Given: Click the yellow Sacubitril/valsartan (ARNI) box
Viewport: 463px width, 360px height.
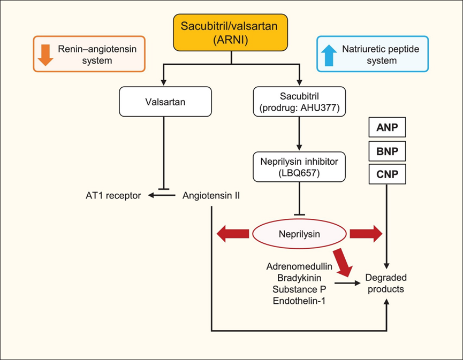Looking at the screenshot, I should click(231, 33).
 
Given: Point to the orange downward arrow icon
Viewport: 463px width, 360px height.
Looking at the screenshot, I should click(47, 54).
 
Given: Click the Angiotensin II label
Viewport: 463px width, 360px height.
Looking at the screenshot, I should click(211, 195).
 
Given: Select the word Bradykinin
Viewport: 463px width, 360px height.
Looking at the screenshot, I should click(300, 278).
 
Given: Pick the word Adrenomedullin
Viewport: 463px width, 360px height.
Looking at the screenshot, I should click(300, 266).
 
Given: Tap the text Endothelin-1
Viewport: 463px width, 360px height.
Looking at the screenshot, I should click(300, 301).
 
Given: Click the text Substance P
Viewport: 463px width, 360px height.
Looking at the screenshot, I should click(300, 289).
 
